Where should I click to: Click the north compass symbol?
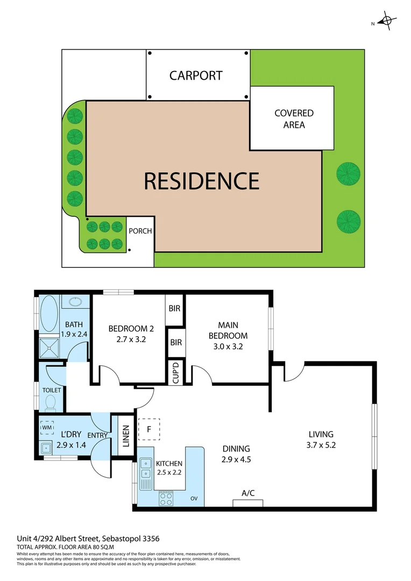pyautogui.click(x=386, y=22)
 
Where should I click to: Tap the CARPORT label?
pyautogui.click(x=196, y=75)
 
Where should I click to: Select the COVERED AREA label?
pyautogui.click(x=294, y=119)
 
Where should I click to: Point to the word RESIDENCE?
pyautogui.click(x=201, y=181)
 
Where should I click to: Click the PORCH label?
pyautogui.click(x=141, y=231)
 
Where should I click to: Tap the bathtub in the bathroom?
pyautogui.click(x=49, y=314)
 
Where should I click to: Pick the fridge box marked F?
pyautogui.click(x=150, y=429)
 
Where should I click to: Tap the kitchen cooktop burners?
pyautogui.click(x=165, y=499)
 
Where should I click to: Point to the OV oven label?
pyautogui.click(x=194, y=499)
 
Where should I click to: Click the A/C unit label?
pyautogui.click(x=248, y=493)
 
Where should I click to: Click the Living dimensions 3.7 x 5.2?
pyautogui.click(x=321, y=445)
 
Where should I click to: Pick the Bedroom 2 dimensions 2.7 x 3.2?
pyautogui.click(x=127, y=340)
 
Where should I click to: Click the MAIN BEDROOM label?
pyautogui.click(x=229, y=330)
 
